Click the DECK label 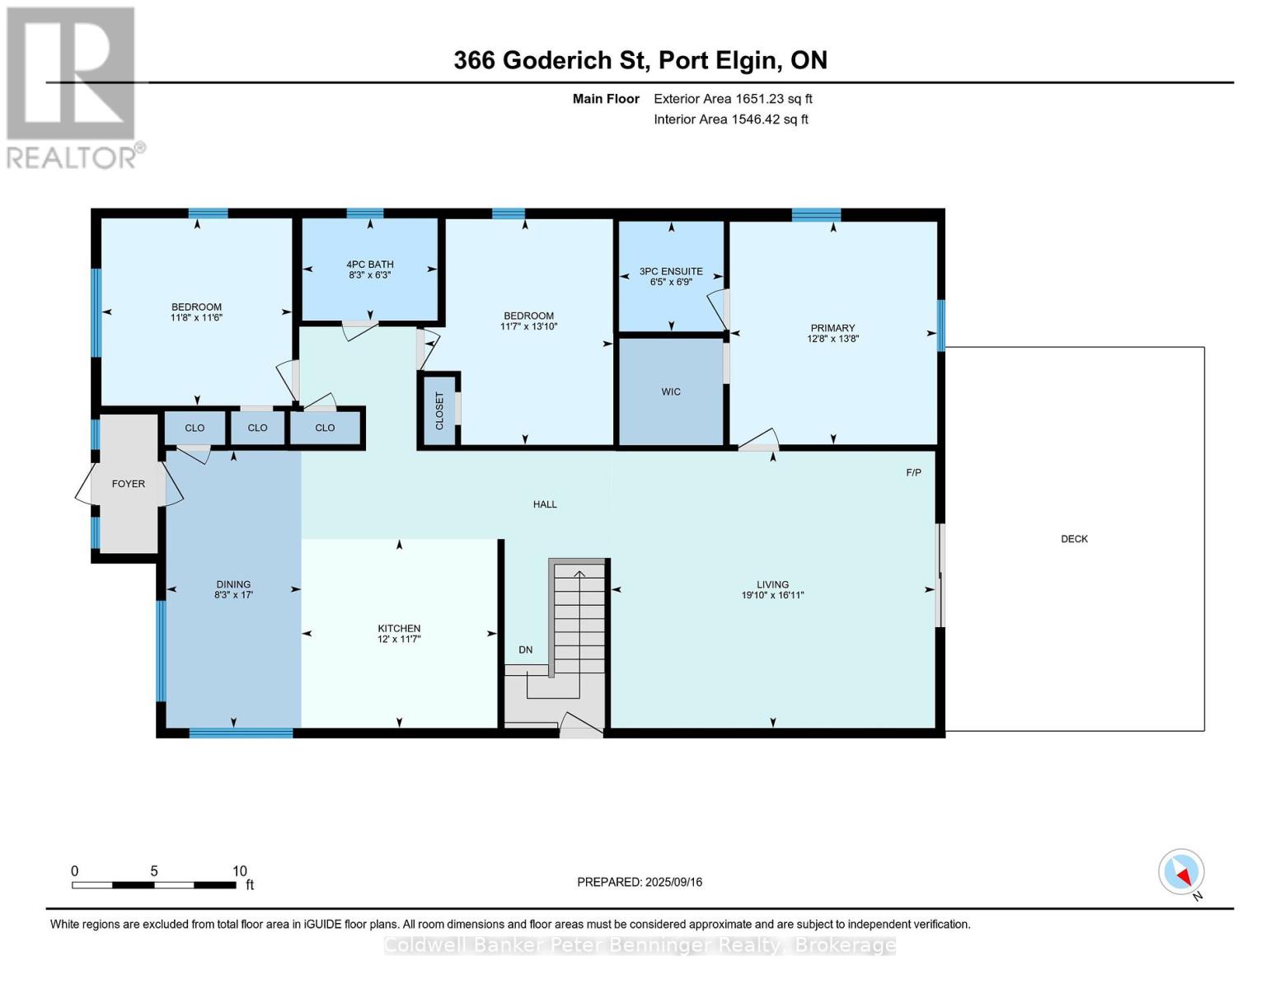1074,539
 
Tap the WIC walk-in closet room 671,391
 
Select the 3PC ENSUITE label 671,271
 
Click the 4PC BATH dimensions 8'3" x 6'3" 369,274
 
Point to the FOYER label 129,484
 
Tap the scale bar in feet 154,884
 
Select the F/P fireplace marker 913,472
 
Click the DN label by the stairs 525,649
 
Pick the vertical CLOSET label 439,410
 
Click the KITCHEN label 400,629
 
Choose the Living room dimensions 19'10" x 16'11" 772,595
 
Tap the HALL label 545,504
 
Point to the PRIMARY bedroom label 832,328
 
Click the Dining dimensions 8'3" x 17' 233,595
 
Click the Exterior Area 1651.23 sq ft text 733,99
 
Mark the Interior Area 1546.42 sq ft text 731,120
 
